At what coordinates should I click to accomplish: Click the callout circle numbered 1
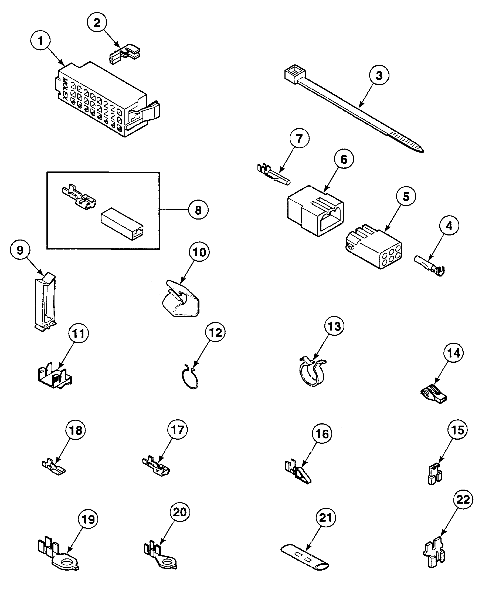40,41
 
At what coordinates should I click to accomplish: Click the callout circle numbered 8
198,210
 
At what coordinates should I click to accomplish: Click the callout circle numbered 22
463,500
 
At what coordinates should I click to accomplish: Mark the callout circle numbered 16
322,434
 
